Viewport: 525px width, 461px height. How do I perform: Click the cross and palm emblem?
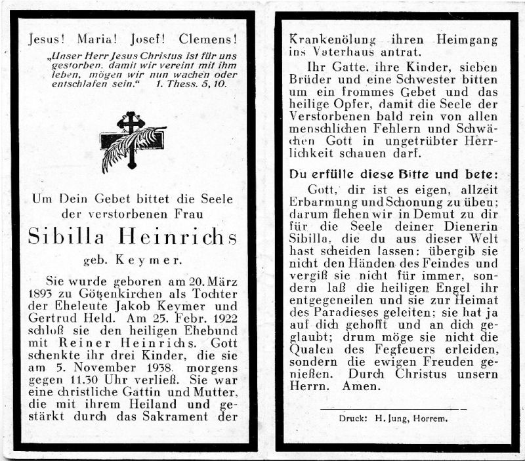(132, 141)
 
